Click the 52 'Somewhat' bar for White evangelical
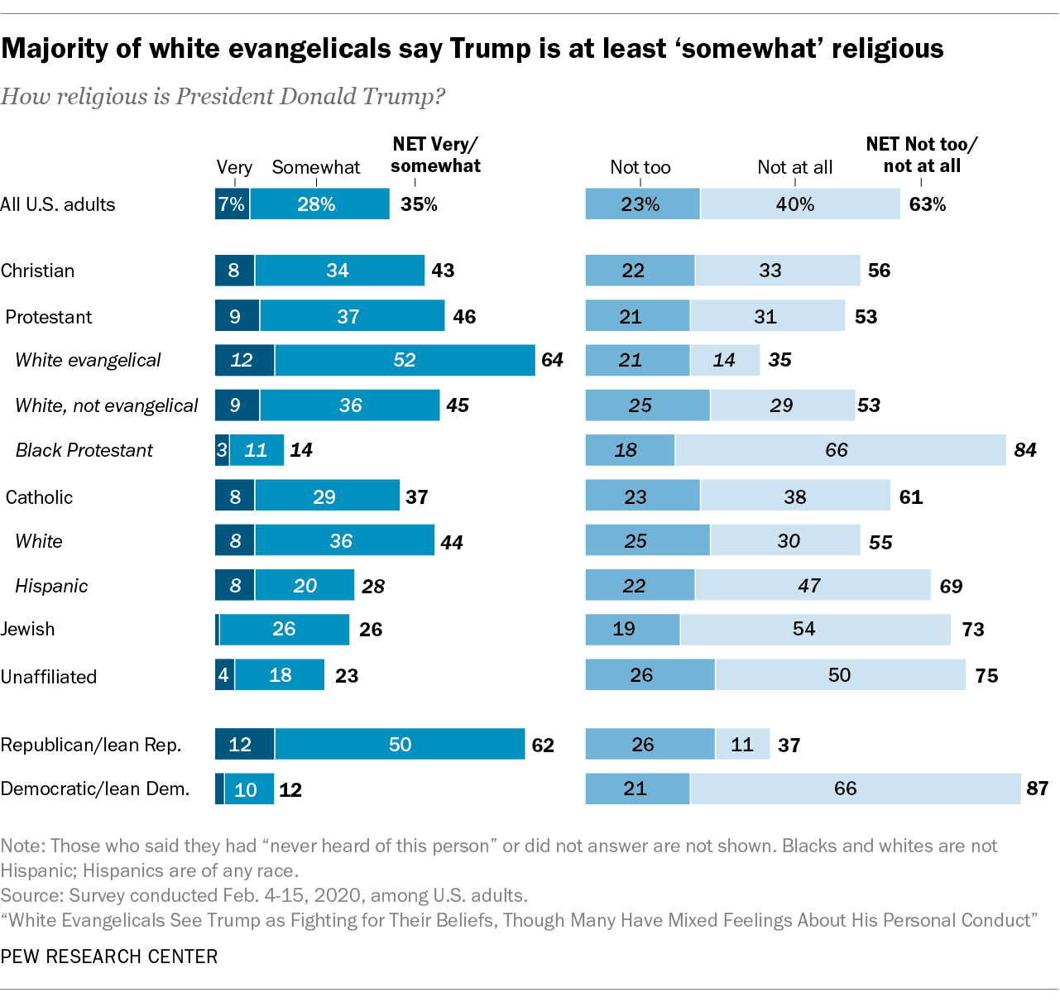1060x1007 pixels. tap(405, 360)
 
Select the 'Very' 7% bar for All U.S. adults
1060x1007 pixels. tap(232, 204)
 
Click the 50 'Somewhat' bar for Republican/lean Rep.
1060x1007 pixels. tap(400, 745)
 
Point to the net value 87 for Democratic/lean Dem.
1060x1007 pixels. tap(1037, 789)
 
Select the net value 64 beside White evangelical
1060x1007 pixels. tap(552, 360)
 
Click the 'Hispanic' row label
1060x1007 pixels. tap(51, 586)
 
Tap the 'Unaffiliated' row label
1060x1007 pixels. tap(49, 677)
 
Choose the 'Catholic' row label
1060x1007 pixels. tap(39, 497)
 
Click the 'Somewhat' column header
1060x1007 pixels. tap(316, 167)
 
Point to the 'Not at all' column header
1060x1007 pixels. tap(794, 167)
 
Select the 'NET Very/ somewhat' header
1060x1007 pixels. tap(435, 155)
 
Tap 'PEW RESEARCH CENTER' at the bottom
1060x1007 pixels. tap(109, 957)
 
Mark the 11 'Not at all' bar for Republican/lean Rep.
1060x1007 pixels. tap(742, 745)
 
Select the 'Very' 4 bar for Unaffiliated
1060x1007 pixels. tap(224, 675)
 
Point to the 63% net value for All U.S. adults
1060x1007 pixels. tap(927, 204)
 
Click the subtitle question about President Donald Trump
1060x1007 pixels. tap(223, 97)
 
